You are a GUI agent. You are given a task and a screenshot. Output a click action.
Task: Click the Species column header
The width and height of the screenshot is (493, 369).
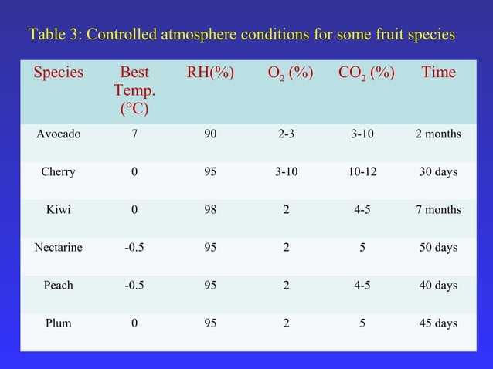(58, 73)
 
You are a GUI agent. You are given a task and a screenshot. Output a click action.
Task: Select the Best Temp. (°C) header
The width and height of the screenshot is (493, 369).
(135, 91)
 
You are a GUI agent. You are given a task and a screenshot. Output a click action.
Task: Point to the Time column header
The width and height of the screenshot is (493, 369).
(438, 73)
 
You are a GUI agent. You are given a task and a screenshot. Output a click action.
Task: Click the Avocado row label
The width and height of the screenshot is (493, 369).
(58, 134)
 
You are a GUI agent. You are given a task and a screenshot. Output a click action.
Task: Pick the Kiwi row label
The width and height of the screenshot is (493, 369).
(58, 210)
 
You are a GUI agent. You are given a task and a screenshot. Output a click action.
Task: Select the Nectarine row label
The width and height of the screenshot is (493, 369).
(58, 248)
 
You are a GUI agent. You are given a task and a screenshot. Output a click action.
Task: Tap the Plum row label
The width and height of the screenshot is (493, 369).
(58, 323)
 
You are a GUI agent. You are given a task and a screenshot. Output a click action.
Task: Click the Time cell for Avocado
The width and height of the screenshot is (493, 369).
(438, 134)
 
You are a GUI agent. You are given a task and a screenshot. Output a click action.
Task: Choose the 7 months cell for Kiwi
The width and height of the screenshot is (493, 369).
(438, 210)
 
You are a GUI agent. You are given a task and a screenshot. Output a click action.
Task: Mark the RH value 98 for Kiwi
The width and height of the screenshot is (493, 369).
(210, 210)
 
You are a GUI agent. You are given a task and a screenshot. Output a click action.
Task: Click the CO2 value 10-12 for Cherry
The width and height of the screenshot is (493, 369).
(362, 172)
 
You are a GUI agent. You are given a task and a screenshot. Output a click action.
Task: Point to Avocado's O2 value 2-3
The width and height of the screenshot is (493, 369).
(287, 134)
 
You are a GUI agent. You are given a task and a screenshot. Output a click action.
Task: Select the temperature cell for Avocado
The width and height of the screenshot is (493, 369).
(135, 134)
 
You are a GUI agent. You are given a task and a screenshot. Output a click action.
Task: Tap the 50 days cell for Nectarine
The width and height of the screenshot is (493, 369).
(438, 248)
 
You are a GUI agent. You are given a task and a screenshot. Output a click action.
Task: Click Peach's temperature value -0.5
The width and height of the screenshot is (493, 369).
(135, 286)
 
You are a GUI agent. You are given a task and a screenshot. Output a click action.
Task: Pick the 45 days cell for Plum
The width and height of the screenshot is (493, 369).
(438, 323)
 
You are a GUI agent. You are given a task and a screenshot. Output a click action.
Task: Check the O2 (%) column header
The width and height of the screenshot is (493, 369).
(287, 74)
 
